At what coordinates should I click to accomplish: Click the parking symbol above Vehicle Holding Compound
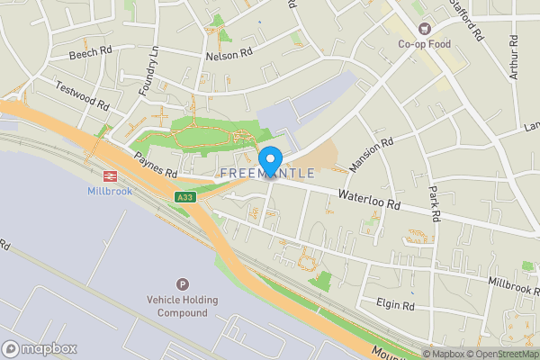pyautogui.click(x=183, y=283)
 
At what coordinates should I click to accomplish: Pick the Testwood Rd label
pyautogui.click(x=82, y=94)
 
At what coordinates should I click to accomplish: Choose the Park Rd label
pyautogui.click(x=434, y=204)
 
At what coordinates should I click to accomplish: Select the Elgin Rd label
pyautogui.click(x=396, y=306)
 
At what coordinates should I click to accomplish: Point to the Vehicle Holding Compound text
pyautogui.click(x=184, y=306)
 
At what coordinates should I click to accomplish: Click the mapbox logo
pyautogui.click(x=40, y=348)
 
